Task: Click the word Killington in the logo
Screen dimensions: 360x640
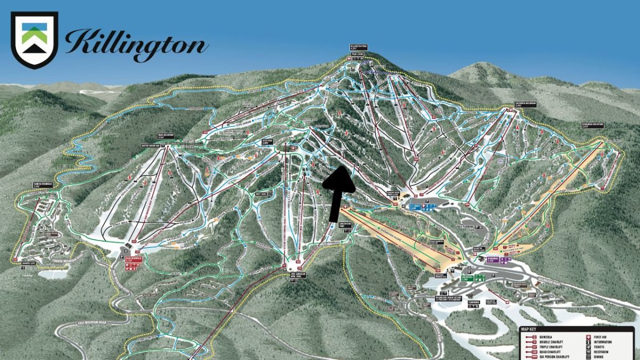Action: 137,42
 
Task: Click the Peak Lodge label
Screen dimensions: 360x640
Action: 357,54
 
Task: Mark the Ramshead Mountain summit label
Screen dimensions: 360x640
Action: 593,126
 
